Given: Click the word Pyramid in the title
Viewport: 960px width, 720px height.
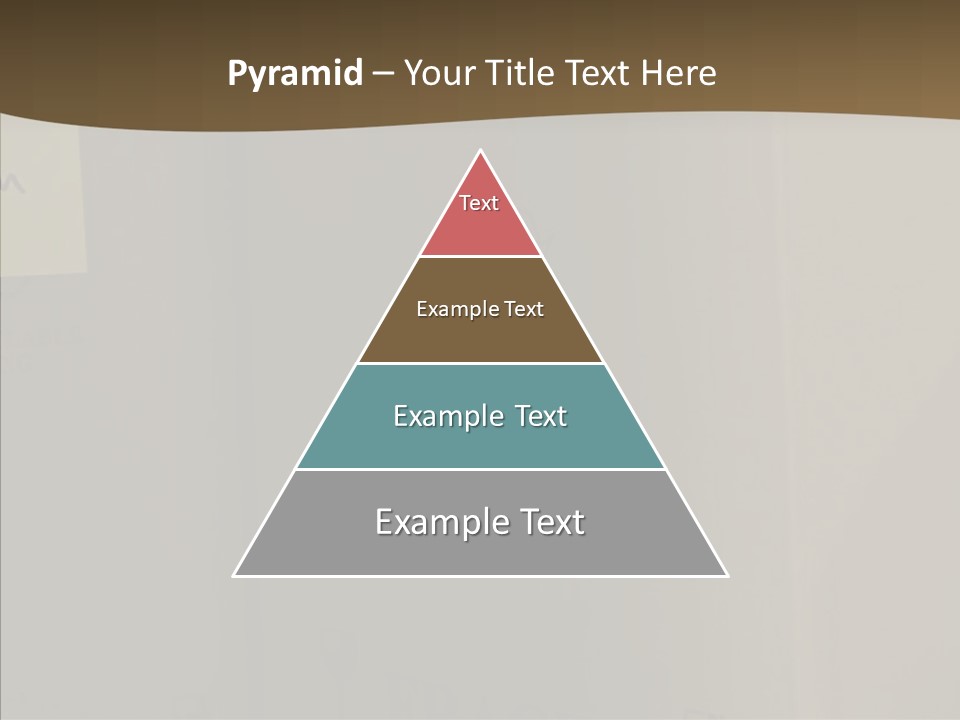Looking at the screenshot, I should coord(295,74).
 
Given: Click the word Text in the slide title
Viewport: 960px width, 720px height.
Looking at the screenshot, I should coord(599,74).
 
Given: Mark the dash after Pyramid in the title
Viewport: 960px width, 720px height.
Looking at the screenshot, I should coord(382,74).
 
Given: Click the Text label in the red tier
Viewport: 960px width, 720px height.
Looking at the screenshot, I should coord(479,203).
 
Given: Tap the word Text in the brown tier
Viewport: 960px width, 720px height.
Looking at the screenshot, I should coord(524,309).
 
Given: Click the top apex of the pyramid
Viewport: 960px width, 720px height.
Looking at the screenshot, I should coord(481,151).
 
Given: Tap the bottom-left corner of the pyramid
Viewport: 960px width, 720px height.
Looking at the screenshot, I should coord(235,575).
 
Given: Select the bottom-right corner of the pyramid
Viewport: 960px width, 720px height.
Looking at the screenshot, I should coord(726,575).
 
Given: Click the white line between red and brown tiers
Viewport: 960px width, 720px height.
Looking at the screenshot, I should coord(480,257).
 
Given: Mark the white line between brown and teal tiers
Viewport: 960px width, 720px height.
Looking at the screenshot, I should coord(480,363).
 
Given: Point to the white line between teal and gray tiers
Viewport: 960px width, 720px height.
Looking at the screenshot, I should coord(480,469).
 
